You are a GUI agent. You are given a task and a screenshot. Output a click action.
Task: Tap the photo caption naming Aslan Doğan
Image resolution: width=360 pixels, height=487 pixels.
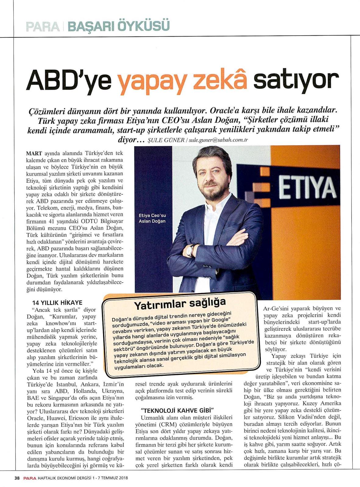(152, 218)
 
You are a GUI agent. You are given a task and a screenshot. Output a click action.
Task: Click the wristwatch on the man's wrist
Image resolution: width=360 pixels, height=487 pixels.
(190, 251)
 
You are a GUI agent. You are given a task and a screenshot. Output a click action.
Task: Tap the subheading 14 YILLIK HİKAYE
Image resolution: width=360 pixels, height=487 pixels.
(57, 302)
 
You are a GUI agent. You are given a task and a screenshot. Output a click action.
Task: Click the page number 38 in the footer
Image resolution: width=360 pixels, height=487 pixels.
(17, 478)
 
